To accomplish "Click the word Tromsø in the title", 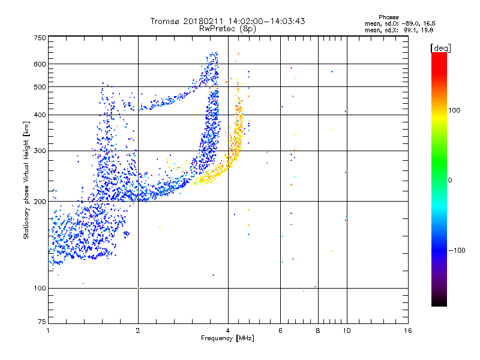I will (x=165, y=21).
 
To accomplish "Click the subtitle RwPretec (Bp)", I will (x=228, y=28).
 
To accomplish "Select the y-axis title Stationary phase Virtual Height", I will (x=26, y=180).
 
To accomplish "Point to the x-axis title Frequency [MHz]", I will (x=228, y=339).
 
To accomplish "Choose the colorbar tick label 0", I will (x=452, y=180).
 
